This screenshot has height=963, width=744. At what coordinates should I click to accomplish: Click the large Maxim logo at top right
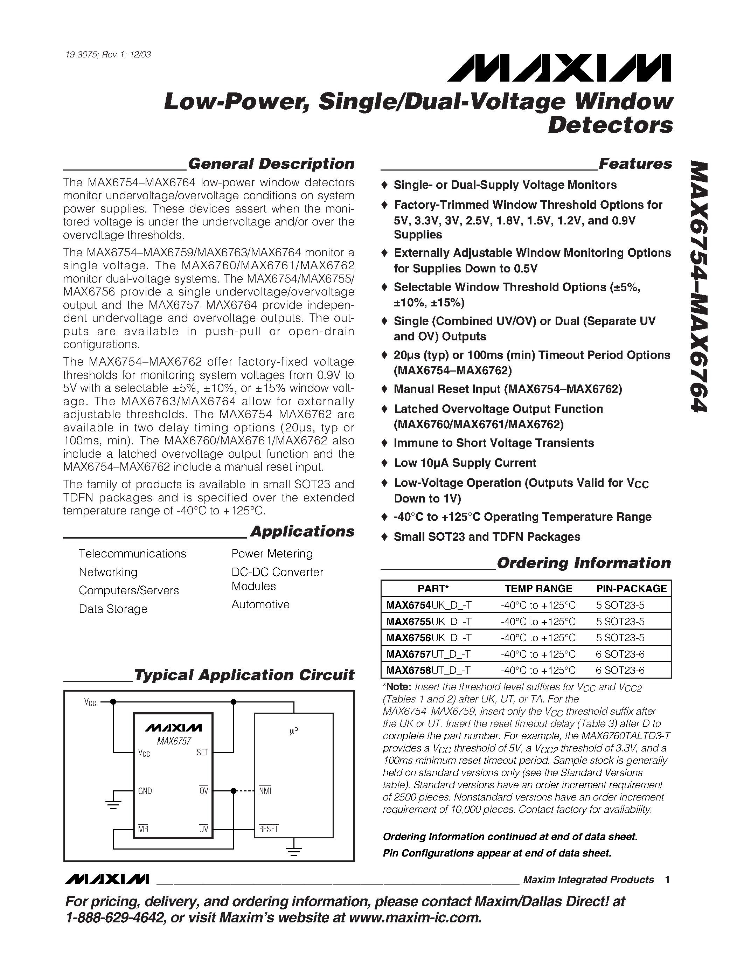[559, 68]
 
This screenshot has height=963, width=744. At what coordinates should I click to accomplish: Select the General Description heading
[271, 164]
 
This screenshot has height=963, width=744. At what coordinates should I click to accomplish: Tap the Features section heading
[635, 164]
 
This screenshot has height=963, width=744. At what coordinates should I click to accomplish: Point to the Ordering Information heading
[584, 563]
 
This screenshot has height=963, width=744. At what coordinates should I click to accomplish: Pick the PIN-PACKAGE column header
[631, 589]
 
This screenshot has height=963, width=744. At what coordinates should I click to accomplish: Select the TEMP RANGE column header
[538, 589]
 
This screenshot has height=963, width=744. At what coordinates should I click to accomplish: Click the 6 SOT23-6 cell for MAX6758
[620, 670]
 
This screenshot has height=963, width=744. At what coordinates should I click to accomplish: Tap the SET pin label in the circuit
[202, 753]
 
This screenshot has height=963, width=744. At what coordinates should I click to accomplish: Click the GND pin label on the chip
[145, 791]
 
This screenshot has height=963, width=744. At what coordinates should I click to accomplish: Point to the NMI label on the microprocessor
[265, 791]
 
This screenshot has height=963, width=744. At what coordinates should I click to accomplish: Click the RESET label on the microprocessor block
[269, 829]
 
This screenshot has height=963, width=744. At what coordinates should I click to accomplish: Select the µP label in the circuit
[293, 731]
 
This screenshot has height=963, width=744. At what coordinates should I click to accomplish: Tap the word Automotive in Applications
[260, 604]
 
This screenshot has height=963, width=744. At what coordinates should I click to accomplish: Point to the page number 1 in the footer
[667, 880]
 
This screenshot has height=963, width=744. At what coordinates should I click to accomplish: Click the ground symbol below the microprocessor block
[295, 851]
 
